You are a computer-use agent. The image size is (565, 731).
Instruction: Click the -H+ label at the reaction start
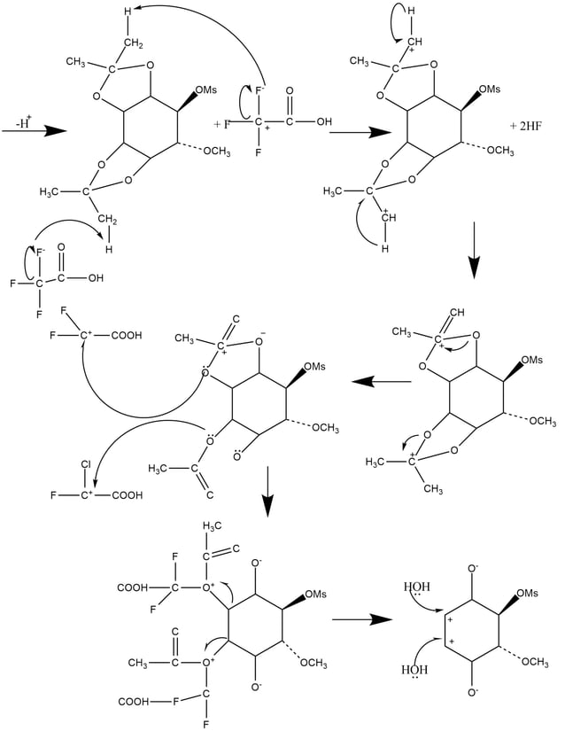click(20, 114)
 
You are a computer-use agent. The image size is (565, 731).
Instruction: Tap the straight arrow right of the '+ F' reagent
click(359, 132)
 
